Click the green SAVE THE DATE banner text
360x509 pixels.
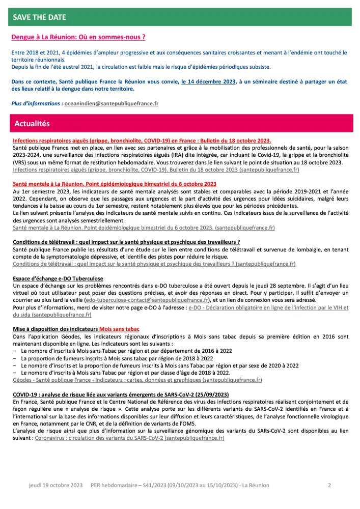point(40,17)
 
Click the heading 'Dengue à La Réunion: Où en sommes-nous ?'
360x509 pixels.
point(78,37)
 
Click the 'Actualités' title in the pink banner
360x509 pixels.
point(32,124)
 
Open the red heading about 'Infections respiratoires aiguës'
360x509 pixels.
point(142,140)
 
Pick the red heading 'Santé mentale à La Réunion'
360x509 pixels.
point(115,183)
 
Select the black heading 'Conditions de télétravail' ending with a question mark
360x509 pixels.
point(126,242)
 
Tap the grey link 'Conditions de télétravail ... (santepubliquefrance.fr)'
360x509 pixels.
point(154,264)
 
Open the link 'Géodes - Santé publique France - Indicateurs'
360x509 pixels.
point(137,380)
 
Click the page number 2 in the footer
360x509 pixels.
point(329,485)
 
